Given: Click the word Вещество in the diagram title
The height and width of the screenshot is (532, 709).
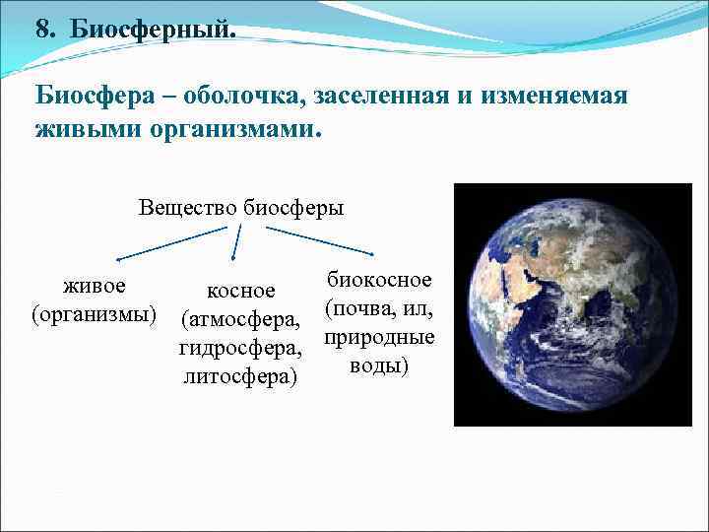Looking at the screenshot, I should coord(188,208).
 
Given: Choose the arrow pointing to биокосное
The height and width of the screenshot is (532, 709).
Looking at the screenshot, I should coord(320,242).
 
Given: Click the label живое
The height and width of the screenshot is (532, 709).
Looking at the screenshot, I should coord(95,287).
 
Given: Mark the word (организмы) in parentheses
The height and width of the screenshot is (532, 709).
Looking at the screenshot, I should coord(95,314).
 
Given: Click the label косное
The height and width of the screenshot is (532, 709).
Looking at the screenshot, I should coord(239,291).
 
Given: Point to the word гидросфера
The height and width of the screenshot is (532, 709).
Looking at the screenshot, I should coord(239,348).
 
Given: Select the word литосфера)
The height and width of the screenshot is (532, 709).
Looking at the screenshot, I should coord(239,376).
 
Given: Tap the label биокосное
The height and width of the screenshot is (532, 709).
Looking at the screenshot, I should coord(379,280).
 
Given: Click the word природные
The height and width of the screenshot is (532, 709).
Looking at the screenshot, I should coord(379,337).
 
